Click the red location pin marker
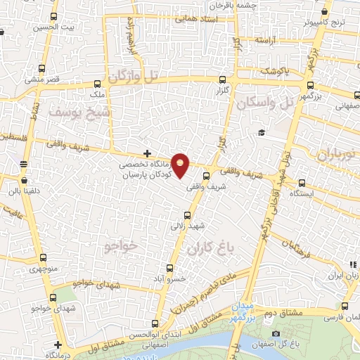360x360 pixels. [x=181, y=165]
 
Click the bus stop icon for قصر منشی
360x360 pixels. [x=43, y=69]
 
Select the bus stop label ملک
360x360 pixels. [x=98, y=92]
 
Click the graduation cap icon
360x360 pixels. [x=260, y=133]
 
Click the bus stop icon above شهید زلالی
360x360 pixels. [x=186, y=216]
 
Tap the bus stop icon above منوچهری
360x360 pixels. [x=43, y=257]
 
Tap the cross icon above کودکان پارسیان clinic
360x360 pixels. [x=146, y=153]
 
